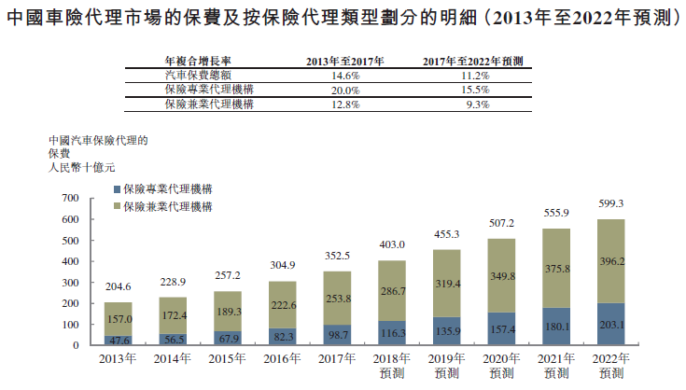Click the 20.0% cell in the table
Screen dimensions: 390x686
pos(345,90)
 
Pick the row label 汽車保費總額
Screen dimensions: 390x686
pos(195,75)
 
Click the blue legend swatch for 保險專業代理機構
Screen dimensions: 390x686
pos(116,188)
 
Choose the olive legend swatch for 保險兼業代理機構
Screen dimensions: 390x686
pos(116,205)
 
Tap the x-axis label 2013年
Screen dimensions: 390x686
pos(119,357)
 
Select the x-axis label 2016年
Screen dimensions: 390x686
pos(283,357)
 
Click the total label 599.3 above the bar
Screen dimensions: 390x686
pos(612,202)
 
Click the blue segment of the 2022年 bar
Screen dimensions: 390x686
pos(612,325)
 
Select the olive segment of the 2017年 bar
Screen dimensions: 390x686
pos(338,299)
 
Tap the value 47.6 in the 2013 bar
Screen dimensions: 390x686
pos(119,340)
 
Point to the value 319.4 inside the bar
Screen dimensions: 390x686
pos(448,283)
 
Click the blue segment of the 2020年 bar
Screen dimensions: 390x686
pos(503,329)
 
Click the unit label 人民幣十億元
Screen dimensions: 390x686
pos(80,167)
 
